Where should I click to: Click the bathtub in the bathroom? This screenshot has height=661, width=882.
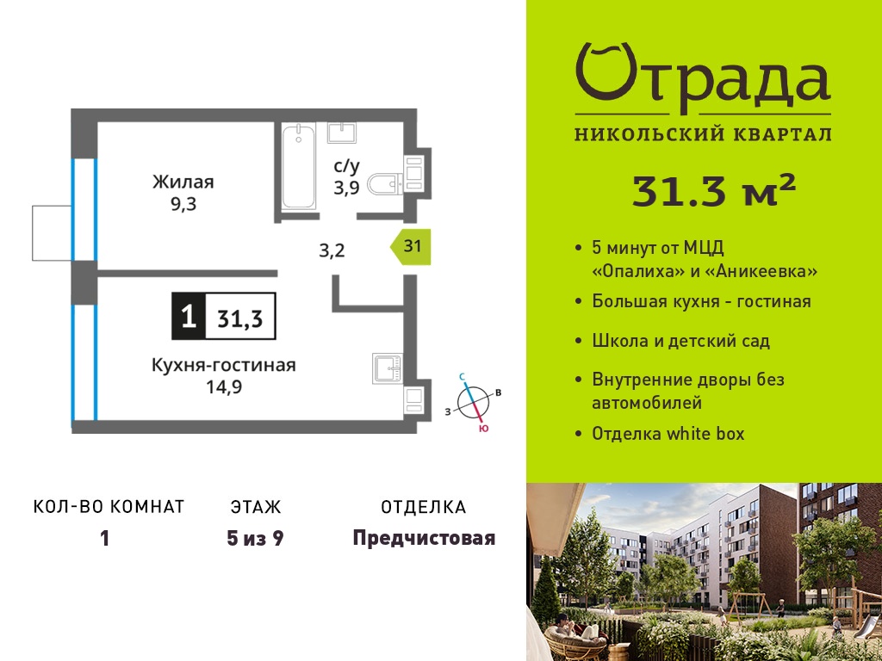[x=298, y=167]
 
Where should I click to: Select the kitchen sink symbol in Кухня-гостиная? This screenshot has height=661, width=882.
[x=388, y=368]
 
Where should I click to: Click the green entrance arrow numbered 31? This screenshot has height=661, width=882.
[x=411, y=247]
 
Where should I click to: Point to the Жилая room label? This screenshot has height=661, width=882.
[x=183, y=182]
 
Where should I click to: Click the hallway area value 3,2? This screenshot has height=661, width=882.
[x=332, y=250]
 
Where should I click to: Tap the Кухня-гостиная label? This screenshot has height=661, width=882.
[x=224, y=365]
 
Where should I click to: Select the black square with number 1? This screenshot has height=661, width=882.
[x=189, y=317]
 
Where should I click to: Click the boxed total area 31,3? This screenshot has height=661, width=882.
[x=240, y=318]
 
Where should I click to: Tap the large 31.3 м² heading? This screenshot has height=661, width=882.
[x=714, y=191]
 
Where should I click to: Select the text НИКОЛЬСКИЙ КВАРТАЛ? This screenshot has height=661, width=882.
[x=703, y=134]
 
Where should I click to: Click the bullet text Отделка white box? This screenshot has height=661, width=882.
[x=668, y=434]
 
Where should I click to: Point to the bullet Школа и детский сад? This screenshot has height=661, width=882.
[x=681, y=341]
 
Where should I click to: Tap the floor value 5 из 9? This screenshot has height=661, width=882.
[x=255, y=539]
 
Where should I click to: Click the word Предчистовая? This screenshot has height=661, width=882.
[x=424, y=539]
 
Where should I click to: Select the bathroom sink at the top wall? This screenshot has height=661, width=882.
[x=341, y=133]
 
